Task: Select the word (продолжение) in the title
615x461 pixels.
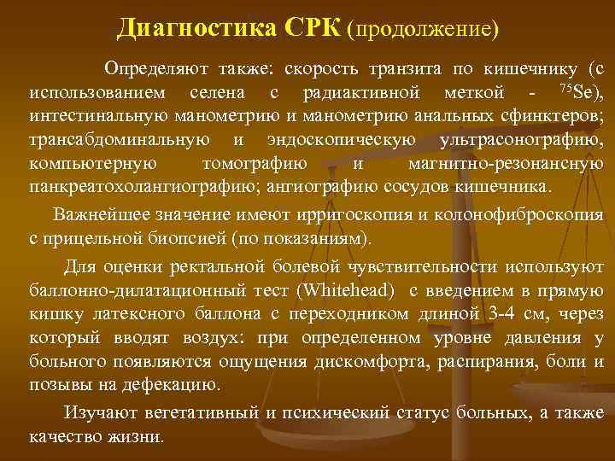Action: (x=423, y=28)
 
